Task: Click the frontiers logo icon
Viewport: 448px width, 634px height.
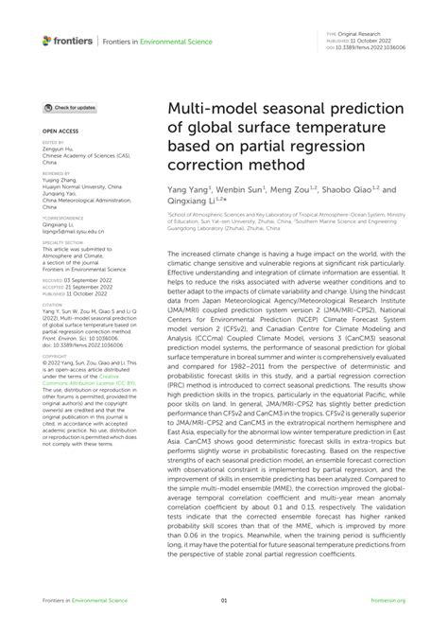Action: pos(47,40)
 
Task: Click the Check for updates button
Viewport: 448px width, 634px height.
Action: pos(70,108)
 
